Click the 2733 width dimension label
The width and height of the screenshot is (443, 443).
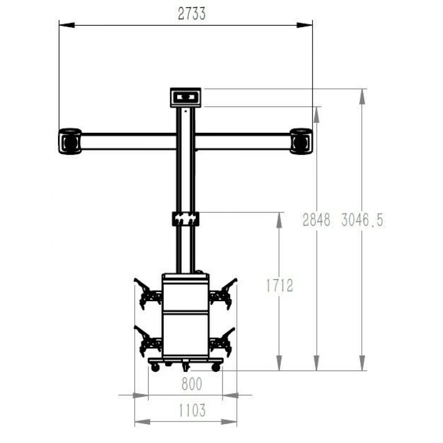[x=192, y=14]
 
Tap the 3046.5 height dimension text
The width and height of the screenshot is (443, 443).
[x=362, y=220]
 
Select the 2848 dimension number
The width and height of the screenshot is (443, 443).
[x=316, y=220]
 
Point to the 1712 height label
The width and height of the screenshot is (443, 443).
[x=280, y=285]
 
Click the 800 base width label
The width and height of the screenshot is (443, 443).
[x=192, y=384]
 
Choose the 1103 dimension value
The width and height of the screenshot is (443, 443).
[x=192, y=410]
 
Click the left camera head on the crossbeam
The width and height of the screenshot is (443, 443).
[x=70, y=141]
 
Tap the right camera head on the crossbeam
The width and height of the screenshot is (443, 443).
[x=301, y=141]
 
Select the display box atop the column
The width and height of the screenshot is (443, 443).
[x=186, y=97]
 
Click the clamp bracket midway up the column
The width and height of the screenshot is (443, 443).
[x=186, y=219]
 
